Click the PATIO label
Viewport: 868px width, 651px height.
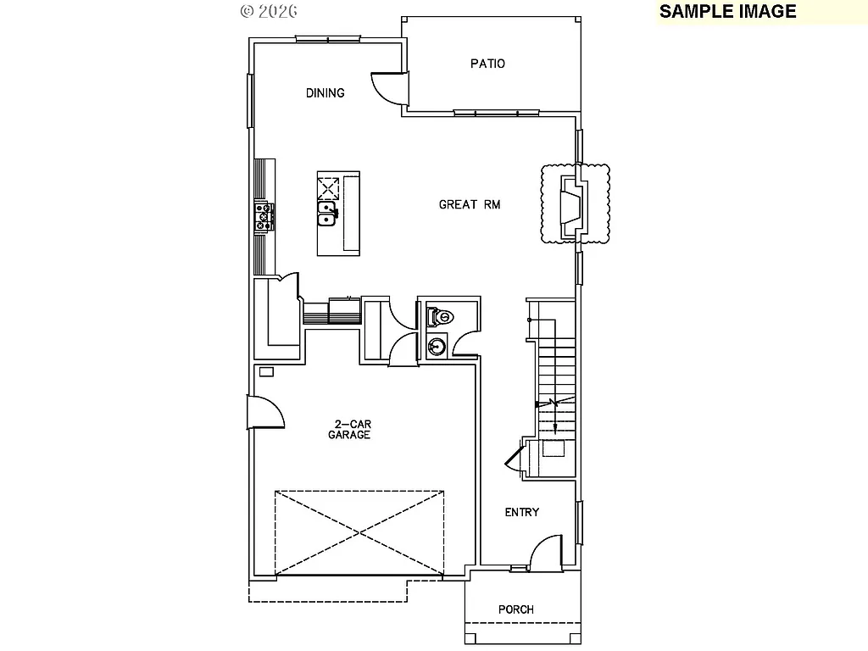point(487,64)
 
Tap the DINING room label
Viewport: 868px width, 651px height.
point(325,93)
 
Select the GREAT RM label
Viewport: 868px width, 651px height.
point(470,204)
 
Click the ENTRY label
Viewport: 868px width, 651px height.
point(522,512)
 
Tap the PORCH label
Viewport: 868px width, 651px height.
point(516,609)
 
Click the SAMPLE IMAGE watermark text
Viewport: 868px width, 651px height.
point(727,11)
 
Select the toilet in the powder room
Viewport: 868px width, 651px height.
point(441,317)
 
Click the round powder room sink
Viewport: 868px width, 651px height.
point(437,346)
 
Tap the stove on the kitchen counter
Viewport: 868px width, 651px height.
point(264,215)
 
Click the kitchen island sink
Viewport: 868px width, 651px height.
point(327,213)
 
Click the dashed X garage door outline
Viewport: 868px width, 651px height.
point(359,532)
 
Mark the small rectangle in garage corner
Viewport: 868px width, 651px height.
point(266,371)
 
